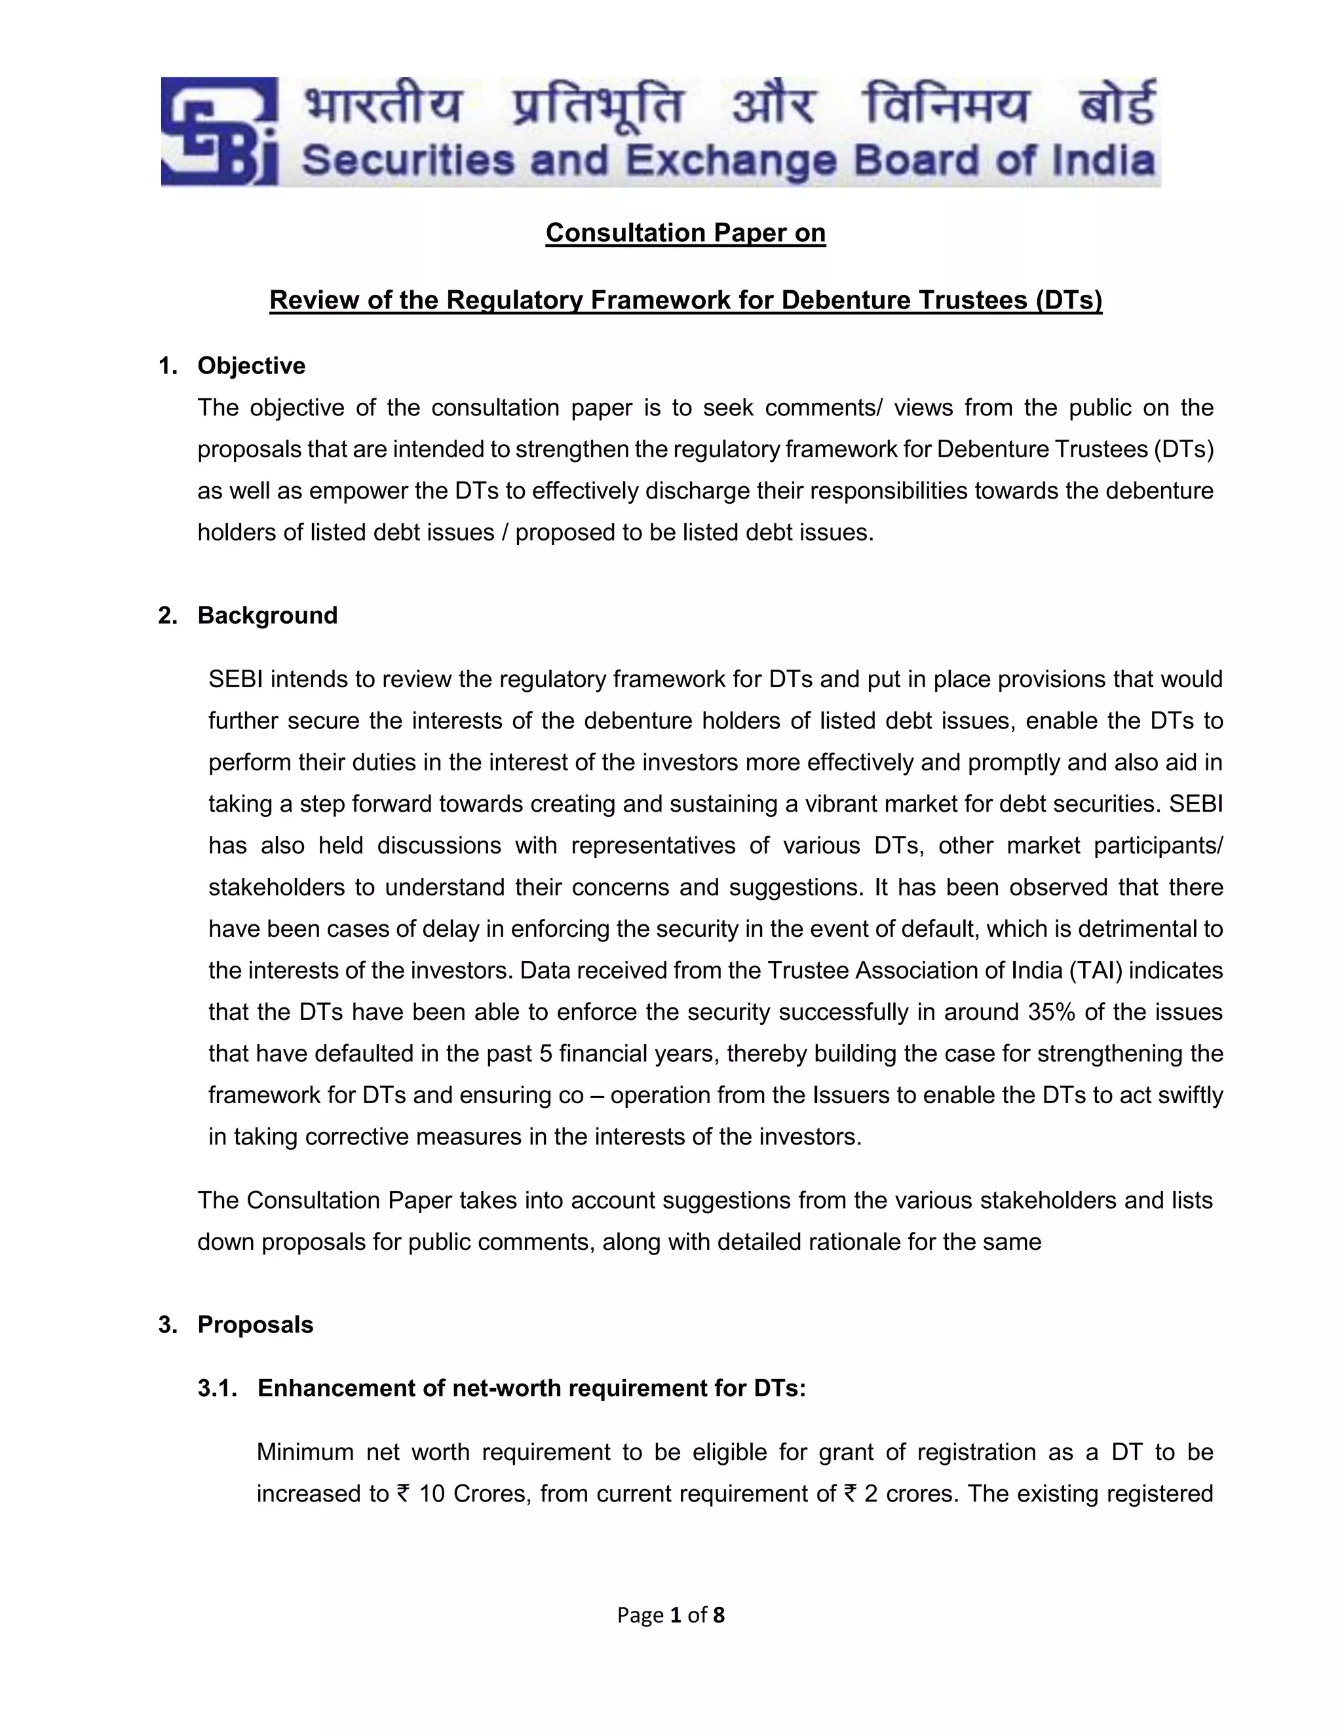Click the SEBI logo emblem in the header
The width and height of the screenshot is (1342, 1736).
[220, 132]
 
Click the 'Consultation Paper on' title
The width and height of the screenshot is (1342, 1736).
[685, 233]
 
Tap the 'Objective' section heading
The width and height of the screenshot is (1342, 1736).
[251, 366]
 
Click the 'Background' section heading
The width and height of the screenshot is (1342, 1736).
[267, 615]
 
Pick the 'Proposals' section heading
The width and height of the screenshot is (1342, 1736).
[255, 1325]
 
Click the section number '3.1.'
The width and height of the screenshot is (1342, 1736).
[218, 1389]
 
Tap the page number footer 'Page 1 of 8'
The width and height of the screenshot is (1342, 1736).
[670, 1615]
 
